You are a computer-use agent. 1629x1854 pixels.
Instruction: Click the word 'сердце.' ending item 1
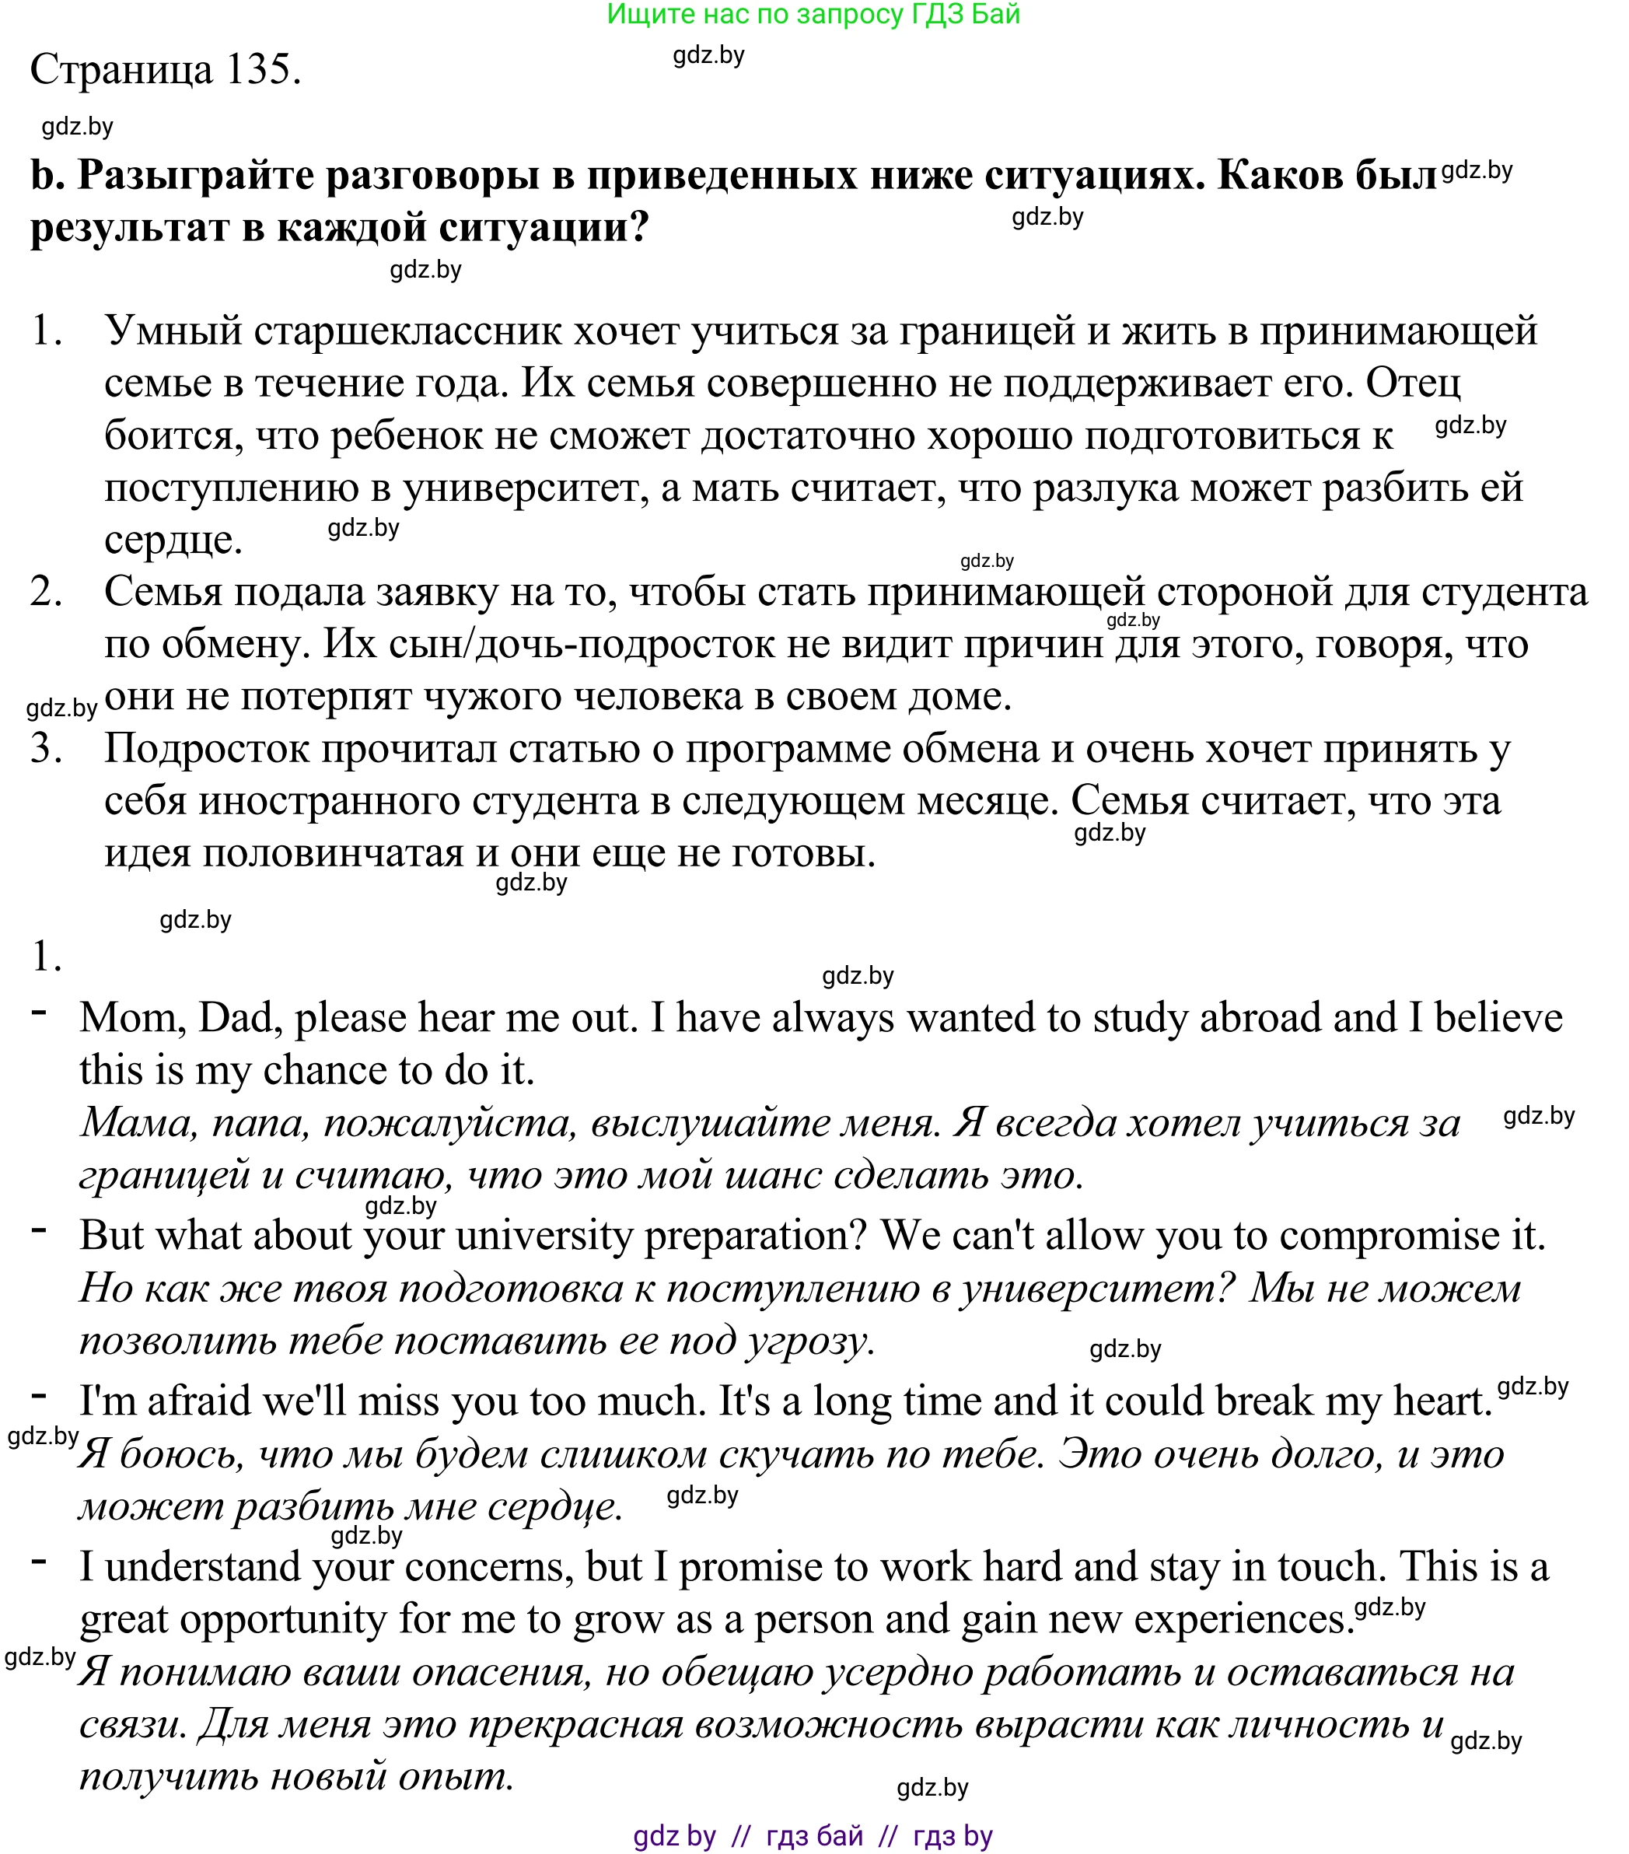tap(173, 540)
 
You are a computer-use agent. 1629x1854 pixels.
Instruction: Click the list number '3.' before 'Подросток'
tap(45, 749)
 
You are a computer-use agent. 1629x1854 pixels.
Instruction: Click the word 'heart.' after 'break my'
tap(1442, 1401)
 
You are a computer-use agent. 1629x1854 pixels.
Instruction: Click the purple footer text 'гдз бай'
tap(813, 1836)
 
